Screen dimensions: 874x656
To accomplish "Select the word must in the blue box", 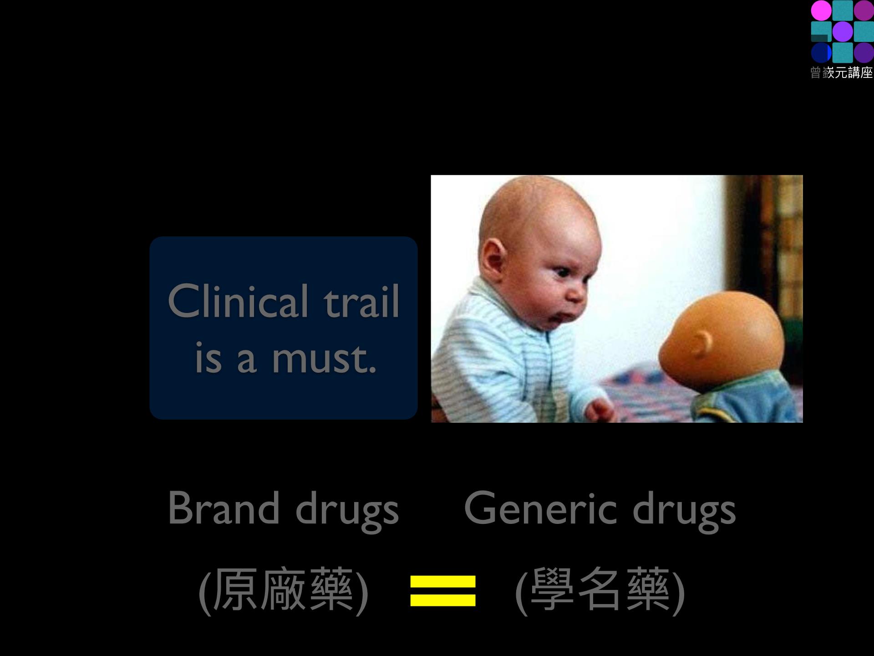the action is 325,359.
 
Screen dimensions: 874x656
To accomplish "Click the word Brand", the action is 224,508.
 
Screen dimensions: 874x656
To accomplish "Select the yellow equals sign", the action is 443,591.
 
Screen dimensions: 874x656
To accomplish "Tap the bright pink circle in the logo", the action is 821,10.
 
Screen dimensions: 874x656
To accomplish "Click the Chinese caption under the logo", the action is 842,72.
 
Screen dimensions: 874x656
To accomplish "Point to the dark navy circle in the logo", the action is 821,52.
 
